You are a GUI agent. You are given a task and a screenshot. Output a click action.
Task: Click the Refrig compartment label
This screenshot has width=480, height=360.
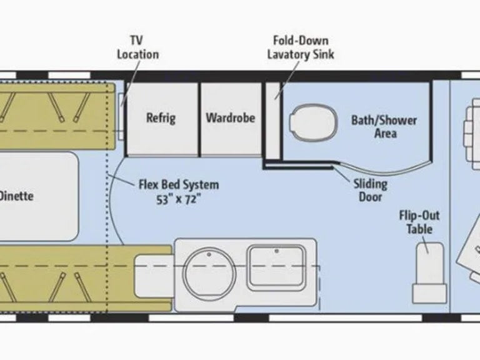coord(161,118)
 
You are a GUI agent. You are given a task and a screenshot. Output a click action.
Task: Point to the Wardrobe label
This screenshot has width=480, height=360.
coord(231,118)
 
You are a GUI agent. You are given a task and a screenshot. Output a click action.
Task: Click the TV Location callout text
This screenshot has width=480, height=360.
coord(138,47)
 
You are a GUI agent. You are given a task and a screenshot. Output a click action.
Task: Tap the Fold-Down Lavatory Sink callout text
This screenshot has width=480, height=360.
coord(301,47)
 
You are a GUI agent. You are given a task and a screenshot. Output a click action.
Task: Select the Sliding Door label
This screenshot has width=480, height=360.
coord(371,191)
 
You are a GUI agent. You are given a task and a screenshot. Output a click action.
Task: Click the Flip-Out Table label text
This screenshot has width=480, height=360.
coord(419,222)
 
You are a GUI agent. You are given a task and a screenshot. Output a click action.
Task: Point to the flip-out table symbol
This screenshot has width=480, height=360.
coord(429,273)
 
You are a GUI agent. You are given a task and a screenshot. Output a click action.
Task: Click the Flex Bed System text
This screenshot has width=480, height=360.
coord(179,185)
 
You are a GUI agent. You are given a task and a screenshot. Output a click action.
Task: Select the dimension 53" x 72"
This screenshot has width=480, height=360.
coord(179,199)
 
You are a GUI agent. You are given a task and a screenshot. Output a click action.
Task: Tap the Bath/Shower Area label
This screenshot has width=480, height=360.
coord(384,127)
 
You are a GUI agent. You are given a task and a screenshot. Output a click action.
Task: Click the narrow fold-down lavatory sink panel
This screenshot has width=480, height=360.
coord(272,120)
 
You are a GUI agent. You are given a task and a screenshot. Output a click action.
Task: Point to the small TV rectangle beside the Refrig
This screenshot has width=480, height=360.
coord(121,116)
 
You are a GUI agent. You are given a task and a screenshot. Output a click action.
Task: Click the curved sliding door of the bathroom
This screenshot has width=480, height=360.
coord(382,169)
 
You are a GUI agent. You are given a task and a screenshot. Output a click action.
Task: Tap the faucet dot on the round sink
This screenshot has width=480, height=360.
coord(209,254)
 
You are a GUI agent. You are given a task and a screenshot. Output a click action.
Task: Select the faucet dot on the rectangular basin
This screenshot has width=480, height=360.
coord(276,251)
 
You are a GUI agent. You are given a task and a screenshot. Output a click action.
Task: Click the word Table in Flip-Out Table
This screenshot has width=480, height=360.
coord(419,229)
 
